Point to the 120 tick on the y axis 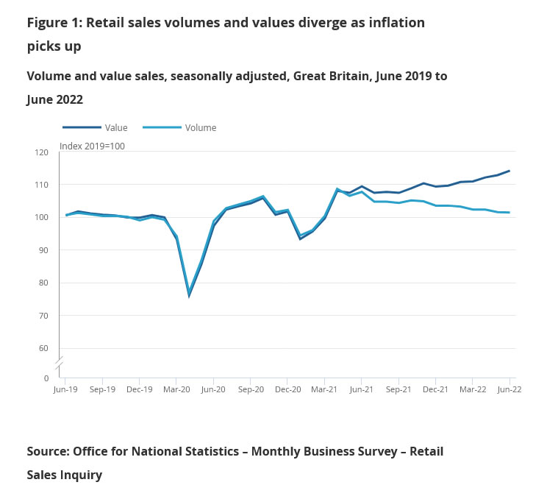tap(42, 152)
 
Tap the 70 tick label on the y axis tap(43, 316)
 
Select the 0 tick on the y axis tap(46, 378)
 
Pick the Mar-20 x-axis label tap(176, 390)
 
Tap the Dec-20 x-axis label tap(287, 390)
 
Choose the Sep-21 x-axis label tap(398, 390)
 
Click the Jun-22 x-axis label tap(510, 390)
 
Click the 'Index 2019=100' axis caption tap(92, 146)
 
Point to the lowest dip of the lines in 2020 tap(189, 295)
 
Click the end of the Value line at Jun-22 tap(510, 171)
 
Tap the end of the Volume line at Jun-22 tap(510, 213)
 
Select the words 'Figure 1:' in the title tap(54, 23)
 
